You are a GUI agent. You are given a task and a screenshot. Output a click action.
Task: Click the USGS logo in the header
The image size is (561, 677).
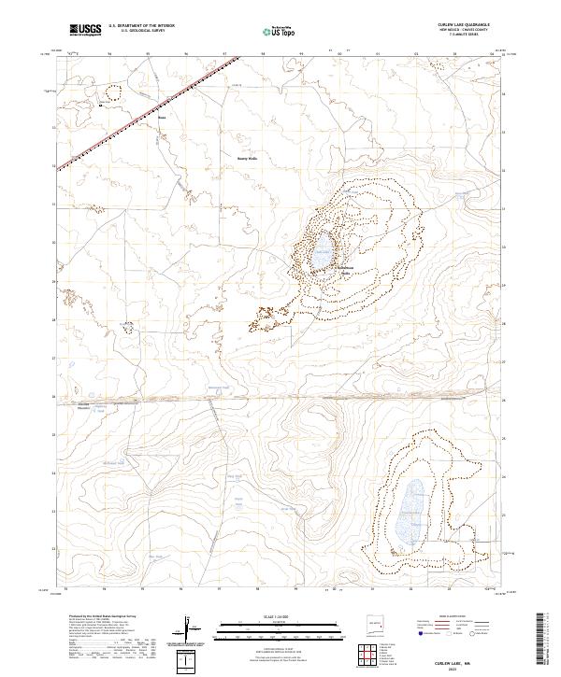[85, 31]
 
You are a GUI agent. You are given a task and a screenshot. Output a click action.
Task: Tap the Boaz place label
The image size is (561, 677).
[161, 118]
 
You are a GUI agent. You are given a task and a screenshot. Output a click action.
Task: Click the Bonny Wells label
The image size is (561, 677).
[246, 158]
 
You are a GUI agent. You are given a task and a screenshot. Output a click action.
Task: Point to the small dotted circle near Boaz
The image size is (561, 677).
[114, 92]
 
